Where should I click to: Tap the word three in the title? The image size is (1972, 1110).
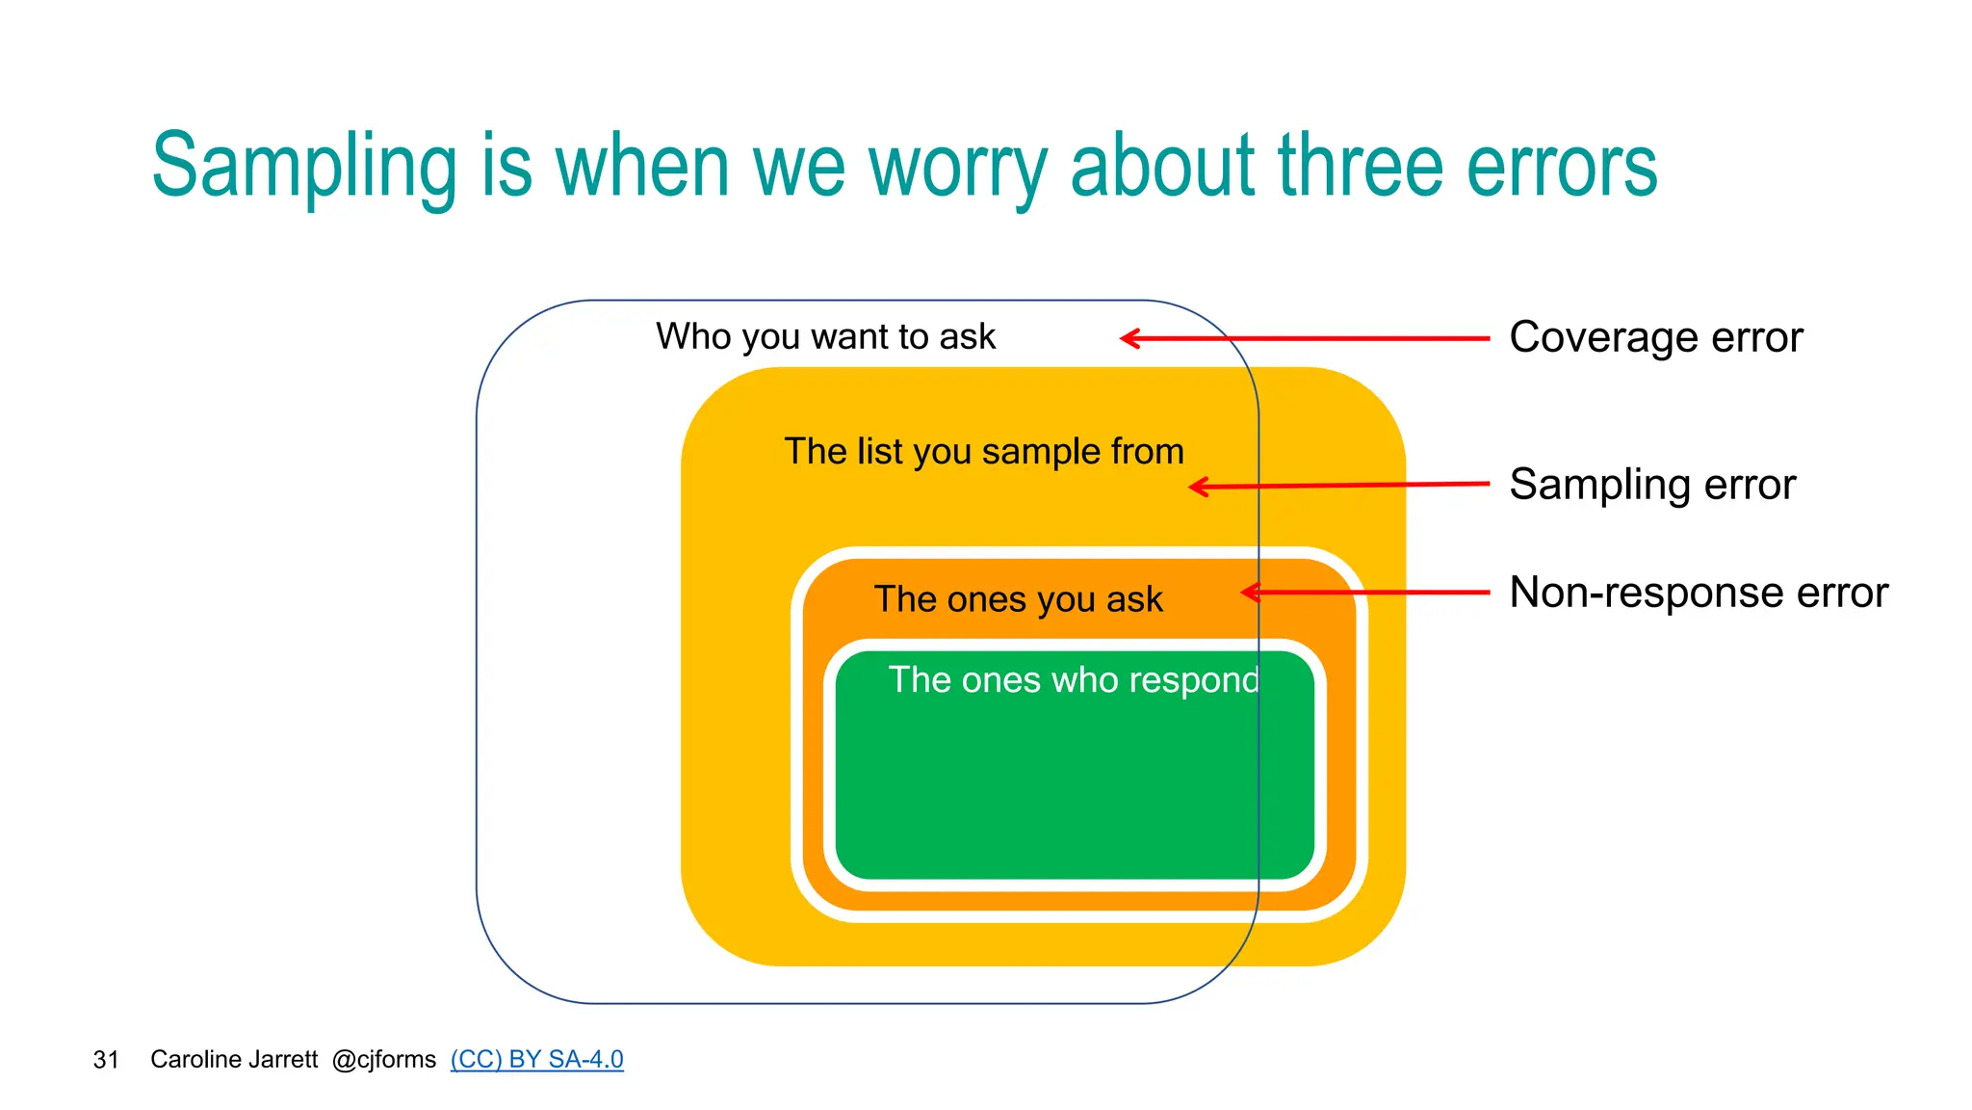1362,166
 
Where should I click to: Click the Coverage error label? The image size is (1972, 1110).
1655,337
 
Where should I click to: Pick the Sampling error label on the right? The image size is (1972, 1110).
1652,485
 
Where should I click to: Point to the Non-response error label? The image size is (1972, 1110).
1699,593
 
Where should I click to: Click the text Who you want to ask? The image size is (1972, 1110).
825,337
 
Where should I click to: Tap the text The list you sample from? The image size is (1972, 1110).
983,452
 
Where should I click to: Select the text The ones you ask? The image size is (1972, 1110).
1018,599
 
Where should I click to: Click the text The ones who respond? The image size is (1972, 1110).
1073,680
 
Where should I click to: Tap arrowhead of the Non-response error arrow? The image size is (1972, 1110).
1248,593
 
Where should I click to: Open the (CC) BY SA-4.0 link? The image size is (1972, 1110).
536,1060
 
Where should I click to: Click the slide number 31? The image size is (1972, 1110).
106,1061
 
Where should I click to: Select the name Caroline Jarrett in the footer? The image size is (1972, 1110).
234,1060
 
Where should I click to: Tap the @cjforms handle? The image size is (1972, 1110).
383,1060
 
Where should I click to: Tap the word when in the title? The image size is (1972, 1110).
642,166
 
